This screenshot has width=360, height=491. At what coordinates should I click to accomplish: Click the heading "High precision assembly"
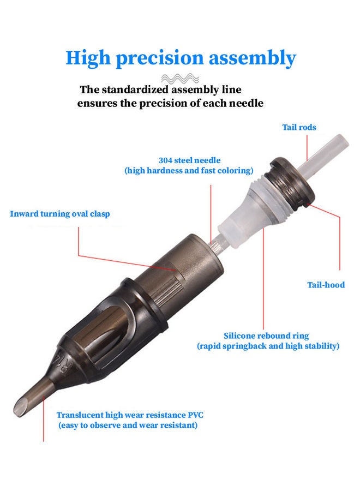click(181, 58)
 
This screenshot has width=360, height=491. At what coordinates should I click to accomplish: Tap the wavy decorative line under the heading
click(180, 78)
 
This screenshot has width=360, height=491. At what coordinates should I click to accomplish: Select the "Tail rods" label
click(299, 127)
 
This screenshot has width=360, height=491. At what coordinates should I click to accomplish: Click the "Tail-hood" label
click(326, 285)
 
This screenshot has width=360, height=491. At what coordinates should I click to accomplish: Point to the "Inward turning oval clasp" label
click(60, 214)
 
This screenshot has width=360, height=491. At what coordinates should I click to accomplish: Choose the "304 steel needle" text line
click(189, 160)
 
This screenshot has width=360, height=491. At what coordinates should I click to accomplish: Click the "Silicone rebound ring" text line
click(266, 336)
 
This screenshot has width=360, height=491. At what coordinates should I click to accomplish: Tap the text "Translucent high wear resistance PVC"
click(130, 415)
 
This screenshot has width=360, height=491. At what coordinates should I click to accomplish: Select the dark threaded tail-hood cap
click(291, 182)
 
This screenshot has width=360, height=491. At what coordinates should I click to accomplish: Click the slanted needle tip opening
click(21, 408)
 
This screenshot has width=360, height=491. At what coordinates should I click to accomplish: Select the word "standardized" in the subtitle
click(136, 89)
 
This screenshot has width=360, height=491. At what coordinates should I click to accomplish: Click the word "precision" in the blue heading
click(160, 59)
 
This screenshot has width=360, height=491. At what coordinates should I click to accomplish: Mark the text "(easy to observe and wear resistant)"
click(128, 425)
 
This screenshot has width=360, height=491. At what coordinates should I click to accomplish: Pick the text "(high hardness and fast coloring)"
click(189, 171)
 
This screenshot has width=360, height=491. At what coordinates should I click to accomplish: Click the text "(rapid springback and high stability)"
click(268, 346)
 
